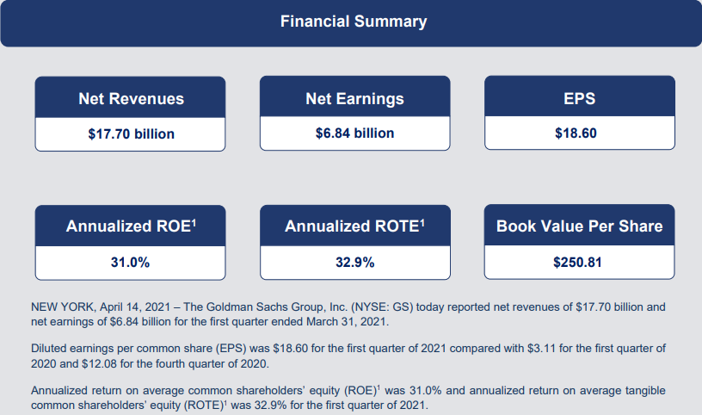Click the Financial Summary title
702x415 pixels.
pyautogui.click(x=354, y=22)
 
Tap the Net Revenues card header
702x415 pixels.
pyautogui.click(x=131, y=99)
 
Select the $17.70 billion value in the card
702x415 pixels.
pyautogui.click(x=131, y=134)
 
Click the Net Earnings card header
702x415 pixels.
pyautogui.click(x=354, y=99)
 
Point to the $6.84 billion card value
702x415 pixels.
pyautogui.click(x=354, y=133)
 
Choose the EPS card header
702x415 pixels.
pyautogui.click(x=579, y=98)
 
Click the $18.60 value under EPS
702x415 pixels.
pyautogui.click(x=576, y=133)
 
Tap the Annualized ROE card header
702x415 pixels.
pyautogui.click(x=131, y=226)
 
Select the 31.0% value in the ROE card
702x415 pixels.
pyautogui.click(x=130, y=263)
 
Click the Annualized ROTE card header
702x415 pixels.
pyautogui.click(x=354, y=226)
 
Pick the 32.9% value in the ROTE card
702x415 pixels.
pyautogui.click(x=355, y=263)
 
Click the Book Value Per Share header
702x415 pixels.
pyautogui.click(x=579, y=226)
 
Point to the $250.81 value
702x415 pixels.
pyautogui.click(x=577, y=263)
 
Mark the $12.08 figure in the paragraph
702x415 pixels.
pyautogui.click(x=100, y=363)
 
